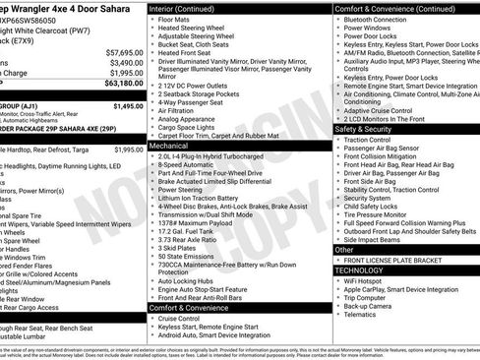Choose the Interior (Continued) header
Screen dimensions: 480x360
(189, 8)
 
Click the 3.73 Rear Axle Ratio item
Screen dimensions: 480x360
(189, 239)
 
